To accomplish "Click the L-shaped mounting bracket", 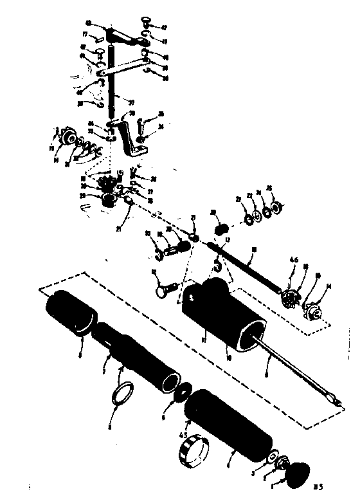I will pyautogui.click(x=136, y=144).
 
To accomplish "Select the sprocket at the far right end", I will pyautogui.click(x=314, y=309).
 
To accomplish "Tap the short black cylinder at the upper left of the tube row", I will pyautogui.click(x=71, y=313).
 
